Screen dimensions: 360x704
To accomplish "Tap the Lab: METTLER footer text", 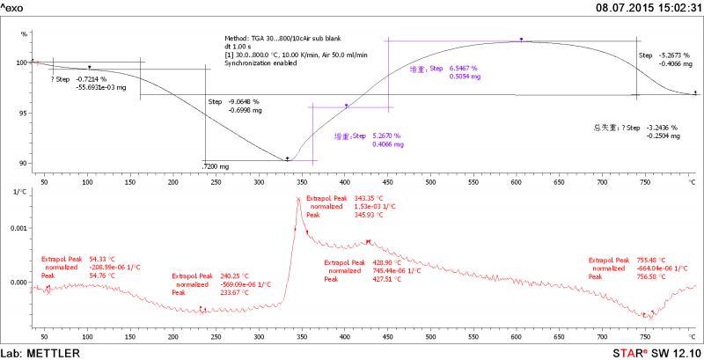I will pos(40,353).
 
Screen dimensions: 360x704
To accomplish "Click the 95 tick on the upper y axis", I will pos(21,113).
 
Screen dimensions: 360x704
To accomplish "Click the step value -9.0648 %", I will pos(244,102).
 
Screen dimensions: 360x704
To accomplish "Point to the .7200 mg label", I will pos(216,166).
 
